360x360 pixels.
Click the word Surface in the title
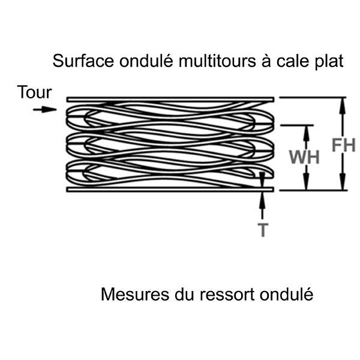(77, 61)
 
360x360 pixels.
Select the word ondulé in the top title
(131, 61)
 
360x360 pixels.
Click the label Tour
(34, 92)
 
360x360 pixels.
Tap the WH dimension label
(304, 157)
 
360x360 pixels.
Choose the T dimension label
(262, 230)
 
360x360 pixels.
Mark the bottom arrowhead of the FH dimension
(343, 185)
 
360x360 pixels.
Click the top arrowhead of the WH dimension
(307, 131)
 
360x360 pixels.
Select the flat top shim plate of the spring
(170, 98)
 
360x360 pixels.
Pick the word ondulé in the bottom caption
(284, 295)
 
